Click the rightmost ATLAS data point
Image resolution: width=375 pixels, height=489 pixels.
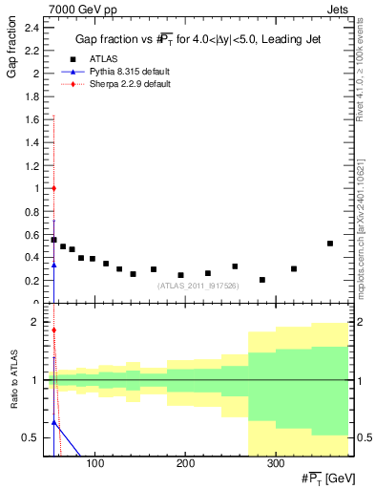click(x=330, y=244)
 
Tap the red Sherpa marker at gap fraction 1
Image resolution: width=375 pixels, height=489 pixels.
click(x=54, y=188)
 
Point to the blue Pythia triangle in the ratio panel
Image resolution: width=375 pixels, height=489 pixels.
click(x=54, y=421)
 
